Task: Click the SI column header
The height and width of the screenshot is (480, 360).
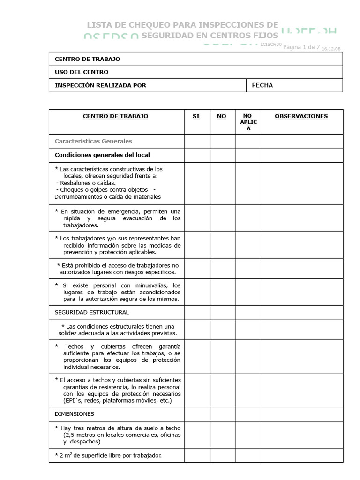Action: coord(196,116)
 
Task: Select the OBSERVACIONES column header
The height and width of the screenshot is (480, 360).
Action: coord(301,116)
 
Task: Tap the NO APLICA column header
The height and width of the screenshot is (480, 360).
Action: coord(248,122)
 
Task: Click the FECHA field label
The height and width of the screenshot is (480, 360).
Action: coord(262,85)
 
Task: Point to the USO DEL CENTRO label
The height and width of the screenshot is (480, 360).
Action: coord(82,72)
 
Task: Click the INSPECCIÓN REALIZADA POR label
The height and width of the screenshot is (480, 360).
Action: coord(100,85)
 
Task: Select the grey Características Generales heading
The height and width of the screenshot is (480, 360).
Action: coord(93,141)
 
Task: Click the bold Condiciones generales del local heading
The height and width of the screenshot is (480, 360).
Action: coord(102,155)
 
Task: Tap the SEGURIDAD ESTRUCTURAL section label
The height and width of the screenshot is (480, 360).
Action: coord(92,312)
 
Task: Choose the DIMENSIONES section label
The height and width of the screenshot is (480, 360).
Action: coord(75,414)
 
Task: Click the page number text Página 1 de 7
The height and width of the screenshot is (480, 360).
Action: coord(301,47)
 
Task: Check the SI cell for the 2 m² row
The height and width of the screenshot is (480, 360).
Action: coord(196,455)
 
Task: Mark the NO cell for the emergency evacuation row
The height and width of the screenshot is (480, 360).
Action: coord(222,218)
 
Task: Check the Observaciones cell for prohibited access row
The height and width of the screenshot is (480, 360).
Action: coord(302,269)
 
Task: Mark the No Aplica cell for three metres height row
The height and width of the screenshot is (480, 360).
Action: coord(248,435)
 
